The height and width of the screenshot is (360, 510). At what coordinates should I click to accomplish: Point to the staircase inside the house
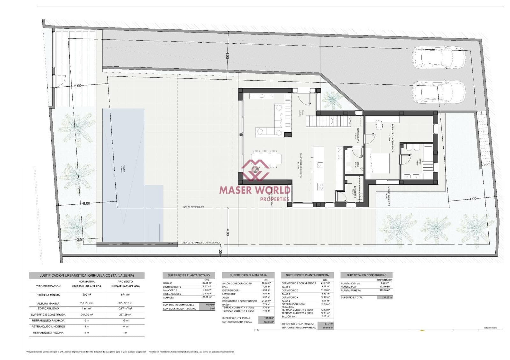[328, 121]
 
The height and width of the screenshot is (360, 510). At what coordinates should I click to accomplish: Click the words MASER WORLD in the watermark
[255, 190]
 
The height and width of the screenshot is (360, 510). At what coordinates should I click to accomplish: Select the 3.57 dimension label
[80, 239]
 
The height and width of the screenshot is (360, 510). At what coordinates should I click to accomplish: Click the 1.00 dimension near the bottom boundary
[220, 251]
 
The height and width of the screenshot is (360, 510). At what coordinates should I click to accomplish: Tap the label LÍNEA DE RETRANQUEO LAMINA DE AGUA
[201, 243]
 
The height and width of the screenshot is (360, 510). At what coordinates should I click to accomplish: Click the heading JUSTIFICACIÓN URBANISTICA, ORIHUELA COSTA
[86, 275]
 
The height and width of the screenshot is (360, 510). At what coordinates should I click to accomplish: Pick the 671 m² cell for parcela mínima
[125, 295]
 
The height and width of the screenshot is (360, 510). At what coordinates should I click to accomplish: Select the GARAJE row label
[168, 283]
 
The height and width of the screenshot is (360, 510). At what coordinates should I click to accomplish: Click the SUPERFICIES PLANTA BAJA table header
[248, 275]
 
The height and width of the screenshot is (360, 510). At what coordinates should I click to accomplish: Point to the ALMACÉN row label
[169, 298]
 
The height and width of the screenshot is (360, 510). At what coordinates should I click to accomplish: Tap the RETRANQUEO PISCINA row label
[48, 333]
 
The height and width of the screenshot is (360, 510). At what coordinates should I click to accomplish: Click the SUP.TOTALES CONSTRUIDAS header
[366, 275]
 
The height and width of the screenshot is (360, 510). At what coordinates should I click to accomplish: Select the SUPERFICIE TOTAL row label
[352, 298]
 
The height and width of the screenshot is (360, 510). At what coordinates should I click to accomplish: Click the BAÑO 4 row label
[286, 301]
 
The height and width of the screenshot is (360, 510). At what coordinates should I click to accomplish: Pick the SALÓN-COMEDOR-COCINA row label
[237, 283]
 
